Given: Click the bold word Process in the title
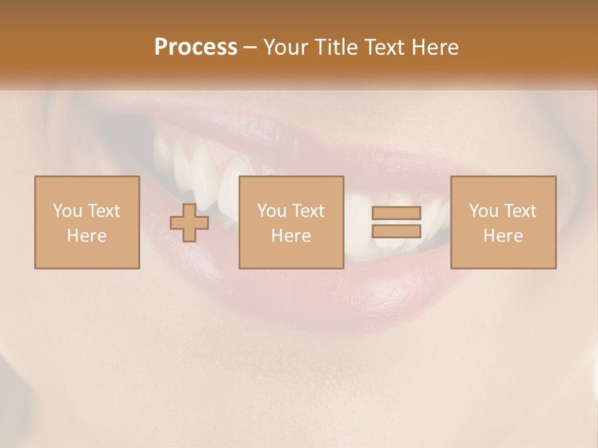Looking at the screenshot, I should pyautogui.click(x=196, y=47).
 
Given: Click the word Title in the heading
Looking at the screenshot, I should pyautogui.click(x=336, y=47).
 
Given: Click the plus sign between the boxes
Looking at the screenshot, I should pyautogui.click(x=189, y=223).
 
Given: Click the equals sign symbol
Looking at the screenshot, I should pyautogui.click(x=396, y=222).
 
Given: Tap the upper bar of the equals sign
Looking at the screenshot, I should pyautogui.click(x=396, y=213).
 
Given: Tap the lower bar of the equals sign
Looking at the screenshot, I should pyautogui.click(x=396, y=231).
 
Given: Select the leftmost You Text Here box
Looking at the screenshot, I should pyautogui.click(x=87, y=222).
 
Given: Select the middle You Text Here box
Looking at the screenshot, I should pyautogui.click(x=291, y=222).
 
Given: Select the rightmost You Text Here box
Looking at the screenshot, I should pyautogui.click(x=503, y=222).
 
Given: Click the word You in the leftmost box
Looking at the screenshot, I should pyautogui.click(x=67, y=211).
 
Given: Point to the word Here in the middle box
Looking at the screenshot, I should pyautogui.click(x=291, y=236).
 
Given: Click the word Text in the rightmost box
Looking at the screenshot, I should pyautogui.click(x=520, y=211).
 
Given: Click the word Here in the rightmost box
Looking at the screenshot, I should pyautogui.click(x=503, y=236).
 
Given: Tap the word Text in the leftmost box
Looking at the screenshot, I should pyautogui.click(x=103, y=211).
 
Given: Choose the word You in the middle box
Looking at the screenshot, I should pyautogui.click(x=272, y=211).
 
